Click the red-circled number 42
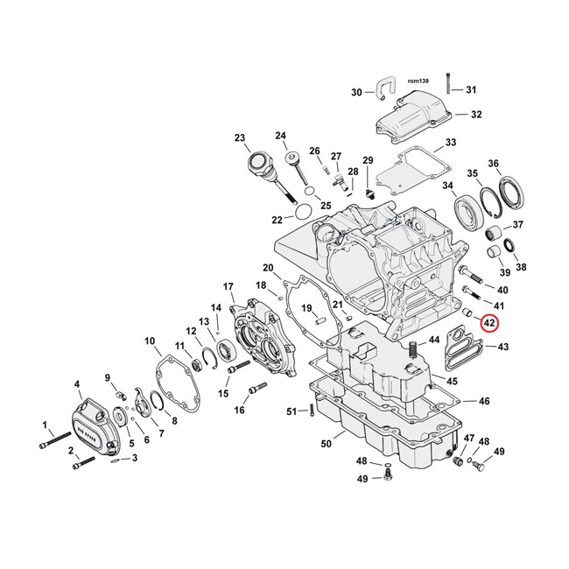tap(490, 324)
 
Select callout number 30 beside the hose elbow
tap(356, 93)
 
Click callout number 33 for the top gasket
tap(450, 142)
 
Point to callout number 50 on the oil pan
tap(325, 445)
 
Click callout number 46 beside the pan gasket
tap(484, 401)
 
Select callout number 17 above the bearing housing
tap(228, 287)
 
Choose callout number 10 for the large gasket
tap(150, 341)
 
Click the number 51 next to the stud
tap(292, 411)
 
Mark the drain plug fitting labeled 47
tap(455, 460)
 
